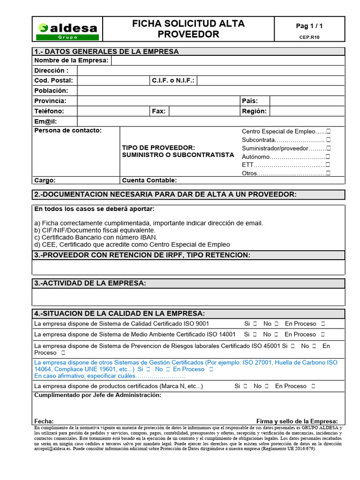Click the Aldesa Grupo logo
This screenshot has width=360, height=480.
[67, 31]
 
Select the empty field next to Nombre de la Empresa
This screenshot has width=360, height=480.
[227, 60]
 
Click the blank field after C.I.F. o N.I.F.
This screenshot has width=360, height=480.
[271, 81]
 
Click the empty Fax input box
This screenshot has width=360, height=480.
[203, 111]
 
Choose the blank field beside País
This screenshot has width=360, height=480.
[307, 101]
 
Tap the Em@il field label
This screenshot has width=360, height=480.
[45, 121]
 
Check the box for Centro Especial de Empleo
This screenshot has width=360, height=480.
[328, 132]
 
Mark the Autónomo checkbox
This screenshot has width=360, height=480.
[328, 157]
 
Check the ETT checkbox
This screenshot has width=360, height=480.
[328, 165]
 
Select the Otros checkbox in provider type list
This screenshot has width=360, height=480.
[328, 173]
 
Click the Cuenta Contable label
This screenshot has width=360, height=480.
[150, 180]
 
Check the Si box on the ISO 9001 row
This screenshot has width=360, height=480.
[255, 324]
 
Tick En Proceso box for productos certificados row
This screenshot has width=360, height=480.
[314, 386]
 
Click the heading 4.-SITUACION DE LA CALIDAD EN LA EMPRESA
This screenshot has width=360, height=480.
[119, 313]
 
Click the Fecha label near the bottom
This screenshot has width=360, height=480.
[44, 421]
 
